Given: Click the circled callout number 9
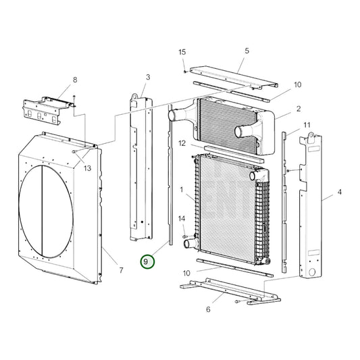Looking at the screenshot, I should coord(147,261).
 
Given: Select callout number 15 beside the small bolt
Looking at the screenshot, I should coord(182,53).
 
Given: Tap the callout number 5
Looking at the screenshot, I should coord(247,51).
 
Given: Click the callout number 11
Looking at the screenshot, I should coord(307,126).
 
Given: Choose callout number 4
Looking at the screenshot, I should coord(339,192).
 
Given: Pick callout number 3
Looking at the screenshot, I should coord(147,78).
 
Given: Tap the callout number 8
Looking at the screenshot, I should coord(75,80).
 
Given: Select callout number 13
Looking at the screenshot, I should coord(86,168).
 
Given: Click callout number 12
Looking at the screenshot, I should coord(182,143).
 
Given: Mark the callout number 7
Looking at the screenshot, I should coord(120,271).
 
